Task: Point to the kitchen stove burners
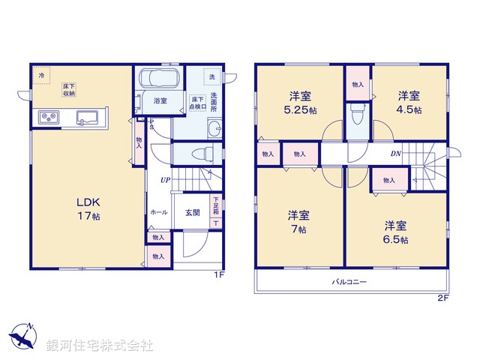click(x=49, y=118)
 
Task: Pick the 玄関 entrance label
click(x=193, y=212)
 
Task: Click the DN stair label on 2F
click(x=394, y=154)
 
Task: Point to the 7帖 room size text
click(x=299, y=229)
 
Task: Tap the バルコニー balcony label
click(x=349, y=283)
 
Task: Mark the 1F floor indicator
click(x=218, y=275)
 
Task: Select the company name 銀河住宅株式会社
click(x=100, y=346)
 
